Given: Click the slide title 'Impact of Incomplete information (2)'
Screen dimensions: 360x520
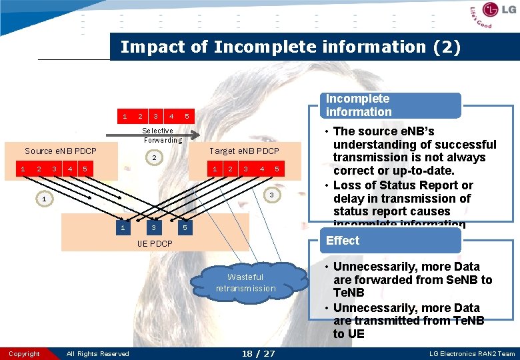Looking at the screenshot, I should [x=290, y=47].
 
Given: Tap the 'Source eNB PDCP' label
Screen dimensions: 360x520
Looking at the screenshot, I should [x=60, y=151].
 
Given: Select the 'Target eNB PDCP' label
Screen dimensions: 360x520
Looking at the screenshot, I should [x=244, y=151].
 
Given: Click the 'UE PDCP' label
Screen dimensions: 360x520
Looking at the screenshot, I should [x=155, y=244].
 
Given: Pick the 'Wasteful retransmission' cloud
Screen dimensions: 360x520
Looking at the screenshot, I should [x=245, y=283].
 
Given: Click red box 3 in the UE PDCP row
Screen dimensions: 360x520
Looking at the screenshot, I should [x=154, y=228].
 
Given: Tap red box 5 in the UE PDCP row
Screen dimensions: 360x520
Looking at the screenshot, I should [x=185, y=228].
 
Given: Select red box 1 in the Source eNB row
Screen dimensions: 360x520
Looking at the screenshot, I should [x=23, y=169].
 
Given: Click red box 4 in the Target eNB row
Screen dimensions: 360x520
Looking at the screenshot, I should [x=261, y=169].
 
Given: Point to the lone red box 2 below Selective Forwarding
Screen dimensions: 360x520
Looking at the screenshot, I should [x=154, y=159].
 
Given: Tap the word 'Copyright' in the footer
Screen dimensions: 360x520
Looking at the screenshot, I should [x=24, y=354].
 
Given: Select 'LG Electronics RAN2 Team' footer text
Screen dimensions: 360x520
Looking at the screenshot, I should [x=472, y=354].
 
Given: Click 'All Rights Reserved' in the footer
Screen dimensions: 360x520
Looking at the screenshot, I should [x=98, y=354].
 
